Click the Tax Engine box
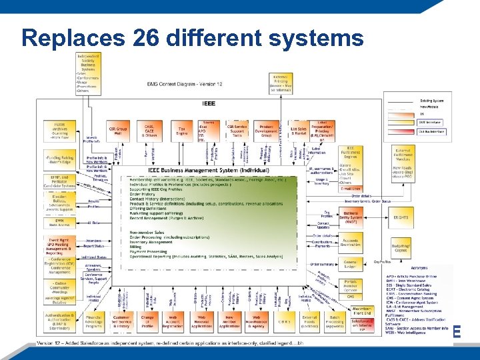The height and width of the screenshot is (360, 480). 181,130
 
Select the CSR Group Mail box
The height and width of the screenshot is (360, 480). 118,131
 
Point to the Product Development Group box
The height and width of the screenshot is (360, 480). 268,130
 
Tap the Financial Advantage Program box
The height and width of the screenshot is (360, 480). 93,322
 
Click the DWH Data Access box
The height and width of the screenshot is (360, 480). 60,223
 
